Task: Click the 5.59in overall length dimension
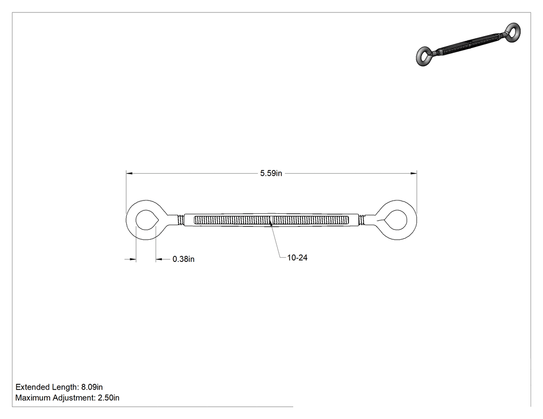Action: pos(271,173)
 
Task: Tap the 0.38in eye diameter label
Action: pos(184,259)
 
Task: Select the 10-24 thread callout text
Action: pos(297,258)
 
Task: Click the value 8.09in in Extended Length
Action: pos(92,387)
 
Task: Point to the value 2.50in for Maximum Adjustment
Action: pos(109,398)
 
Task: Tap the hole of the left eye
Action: pos(147,220)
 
